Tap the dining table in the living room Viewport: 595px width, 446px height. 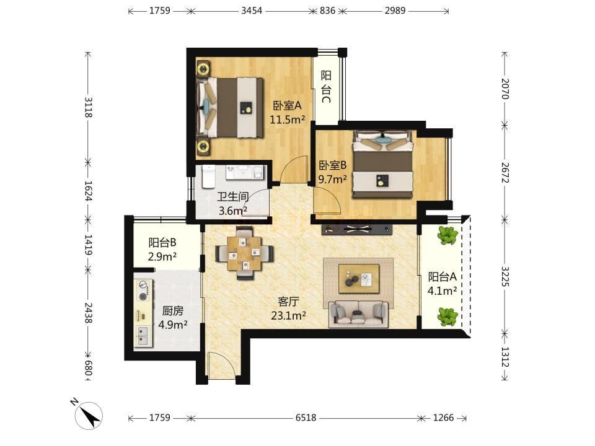tap(245, 253)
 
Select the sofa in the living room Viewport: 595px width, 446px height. tap(358, 313)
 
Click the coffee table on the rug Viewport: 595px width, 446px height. tap(359, 278)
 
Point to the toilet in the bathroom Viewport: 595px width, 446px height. tap(208, 177)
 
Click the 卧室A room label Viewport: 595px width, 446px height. tap(287, 105)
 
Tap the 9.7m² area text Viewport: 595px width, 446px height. tap(332, 180)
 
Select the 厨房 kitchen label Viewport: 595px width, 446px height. tap(173, 311)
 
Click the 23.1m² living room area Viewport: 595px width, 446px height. tap(288, 315)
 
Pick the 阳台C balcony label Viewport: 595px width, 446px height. tap(327, 87)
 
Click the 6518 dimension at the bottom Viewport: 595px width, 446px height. tap(306, 418)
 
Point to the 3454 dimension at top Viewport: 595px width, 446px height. tap(252, 11)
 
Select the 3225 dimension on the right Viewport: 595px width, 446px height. tap(505, 276)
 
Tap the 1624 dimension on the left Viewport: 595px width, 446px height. tap(88, 191)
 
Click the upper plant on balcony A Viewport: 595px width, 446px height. tap(447, 235)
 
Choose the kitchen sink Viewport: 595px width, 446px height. tap(143, 336)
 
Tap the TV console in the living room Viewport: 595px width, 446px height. tap(357, 229)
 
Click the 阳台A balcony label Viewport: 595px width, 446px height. tap(443, 276)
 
